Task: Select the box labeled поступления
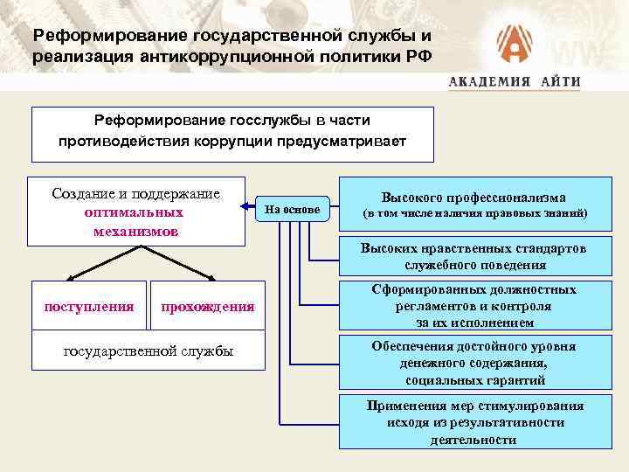89,306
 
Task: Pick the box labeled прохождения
208,306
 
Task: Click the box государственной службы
149,351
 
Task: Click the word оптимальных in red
135,212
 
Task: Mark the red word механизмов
135,231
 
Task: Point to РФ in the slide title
415,58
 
